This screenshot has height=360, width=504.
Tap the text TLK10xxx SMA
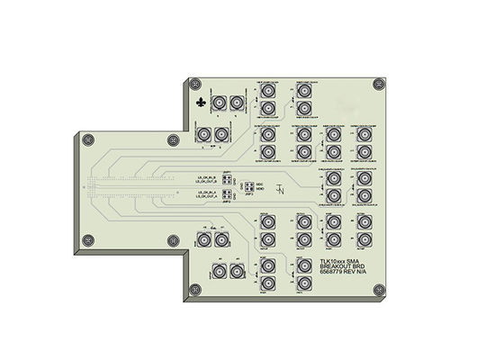coord(343,262)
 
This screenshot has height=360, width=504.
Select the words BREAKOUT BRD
coord(345,268)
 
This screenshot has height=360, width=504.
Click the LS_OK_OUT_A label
coord(206,194)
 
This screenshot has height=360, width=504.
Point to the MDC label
coord(258,183)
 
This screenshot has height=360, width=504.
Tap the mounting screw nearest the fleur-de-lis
coord(193,84)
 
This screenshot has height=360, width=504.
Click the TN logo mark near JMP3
coord(281,191)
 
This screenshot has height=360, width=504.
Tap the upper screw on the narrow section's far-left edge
coord(87,141)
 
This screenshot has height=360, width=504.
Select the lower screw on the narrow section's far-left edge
coord(87,239)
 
